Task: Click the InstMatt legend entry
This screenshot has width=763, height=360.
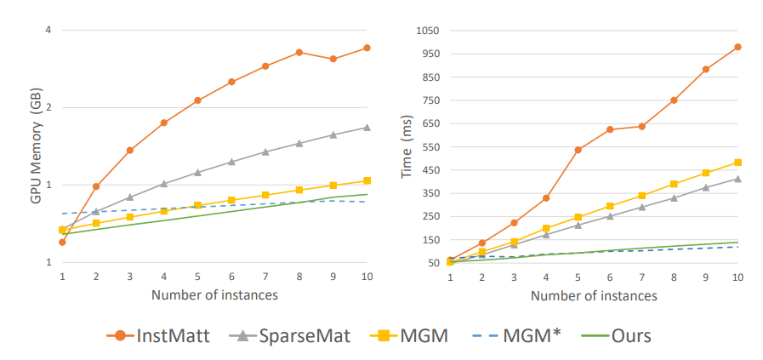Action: (x=167, y=335)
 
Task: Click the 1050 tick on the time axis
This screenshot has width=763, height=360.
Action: (x=427, y=31)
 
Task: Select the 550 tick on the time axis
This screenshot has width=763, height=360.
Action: (x=430, y=147)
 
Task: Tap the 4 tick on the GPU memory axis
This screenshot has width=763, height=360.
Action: (x=48, y=31)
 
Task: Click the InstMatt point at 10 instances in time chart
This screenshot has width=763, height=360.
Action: (x=737, y=47)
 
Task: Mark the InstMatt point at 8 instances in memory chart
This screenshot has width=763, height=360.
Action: (x=299, y=53)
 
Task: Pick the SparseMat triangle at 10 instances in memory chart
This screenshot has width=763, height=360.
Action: (x=367, y=128)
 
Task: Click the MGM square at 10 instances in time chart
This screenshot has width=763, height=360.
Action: (x=737, y=163)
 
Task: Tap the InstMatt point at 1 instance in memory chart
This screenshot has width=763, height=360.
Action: (x=62, y=243)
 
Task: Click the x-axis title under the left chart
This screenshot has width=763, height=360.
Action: (x=214, y=295)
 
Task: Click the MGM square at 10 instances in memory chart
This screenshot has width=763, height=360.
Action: (x=367, y=180)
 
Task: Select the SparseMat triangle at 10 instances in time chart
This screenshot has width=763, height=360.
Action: (x=737, y=179)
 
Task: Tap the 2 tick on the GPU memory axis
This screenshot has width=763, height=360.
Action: (x=48, y=108)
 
